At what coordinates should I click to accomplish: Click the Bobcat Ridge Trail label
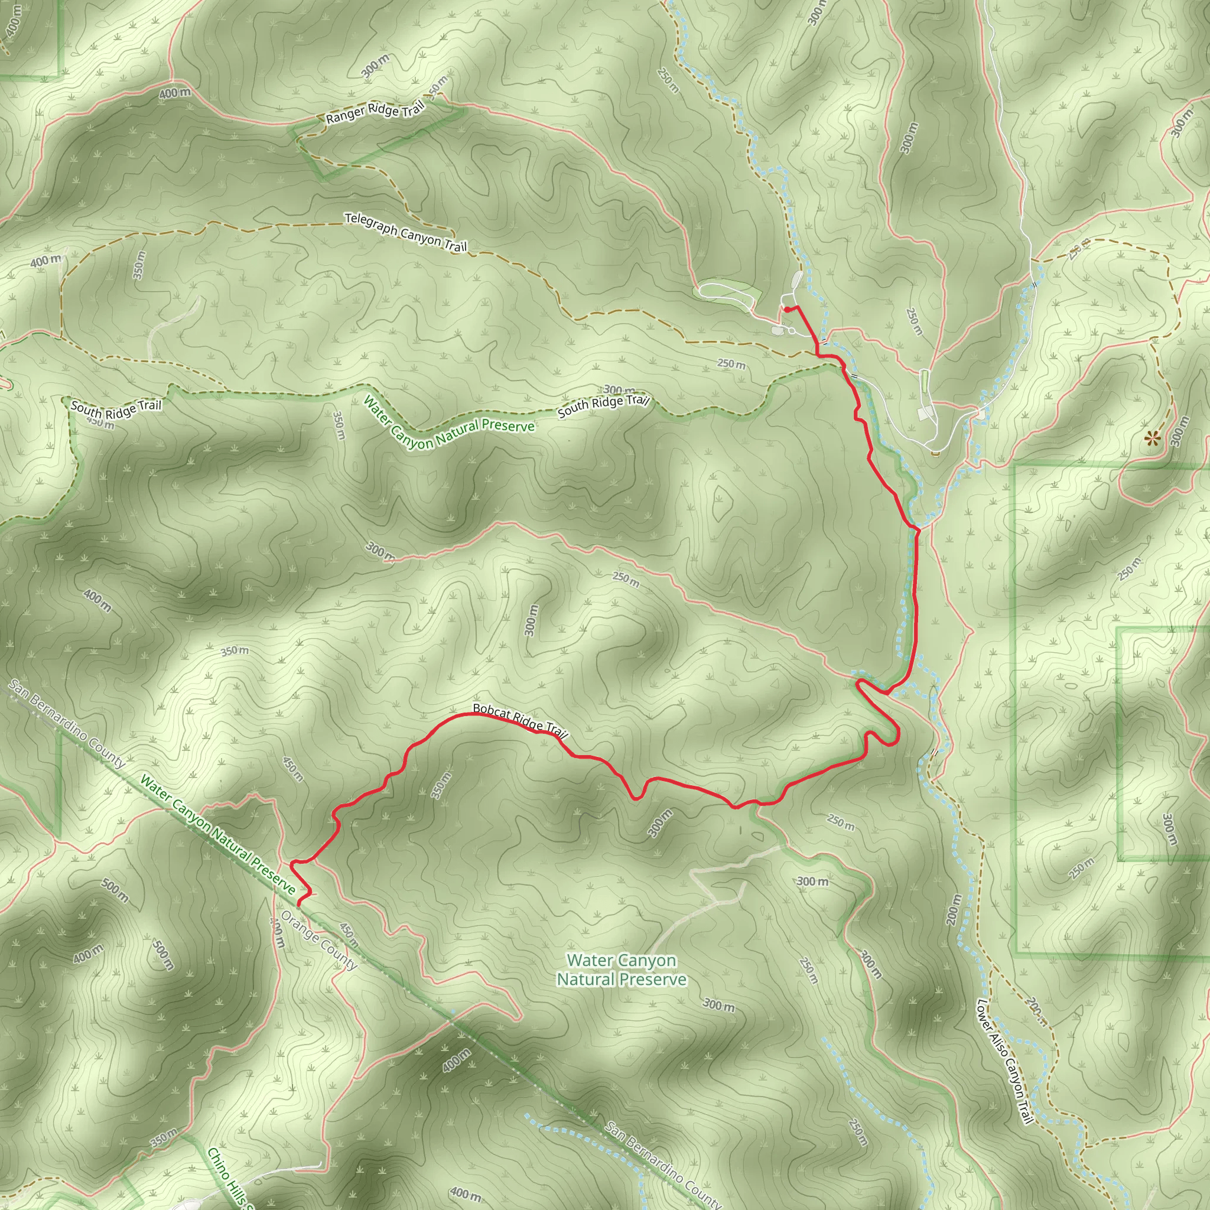(519, 721)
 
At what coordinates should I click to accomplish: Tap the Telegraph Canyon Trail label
(406, 232)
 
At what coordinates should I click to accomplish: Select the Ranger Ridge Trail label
(375, 112)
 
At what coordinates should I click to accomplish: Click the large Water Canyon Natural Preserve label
(622, 970)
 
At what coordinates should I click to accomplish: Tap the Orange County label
(319, 939)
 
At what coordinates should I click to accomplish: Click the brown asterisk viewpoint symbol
(1152, 439)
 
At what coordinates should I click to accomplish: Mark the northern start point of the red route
(785, 309)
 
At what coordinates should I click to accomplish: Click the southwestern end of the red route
(299, 904)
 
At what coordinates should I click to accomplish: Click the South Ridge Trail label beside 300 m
(603, 405)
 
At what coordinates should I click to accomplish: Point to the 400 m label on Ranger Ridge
(175, 93)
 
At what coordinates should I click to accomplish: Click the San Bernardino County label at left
(66, 723)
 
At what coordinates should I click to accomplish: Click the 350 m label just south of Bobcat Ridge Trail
(441, 785)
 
